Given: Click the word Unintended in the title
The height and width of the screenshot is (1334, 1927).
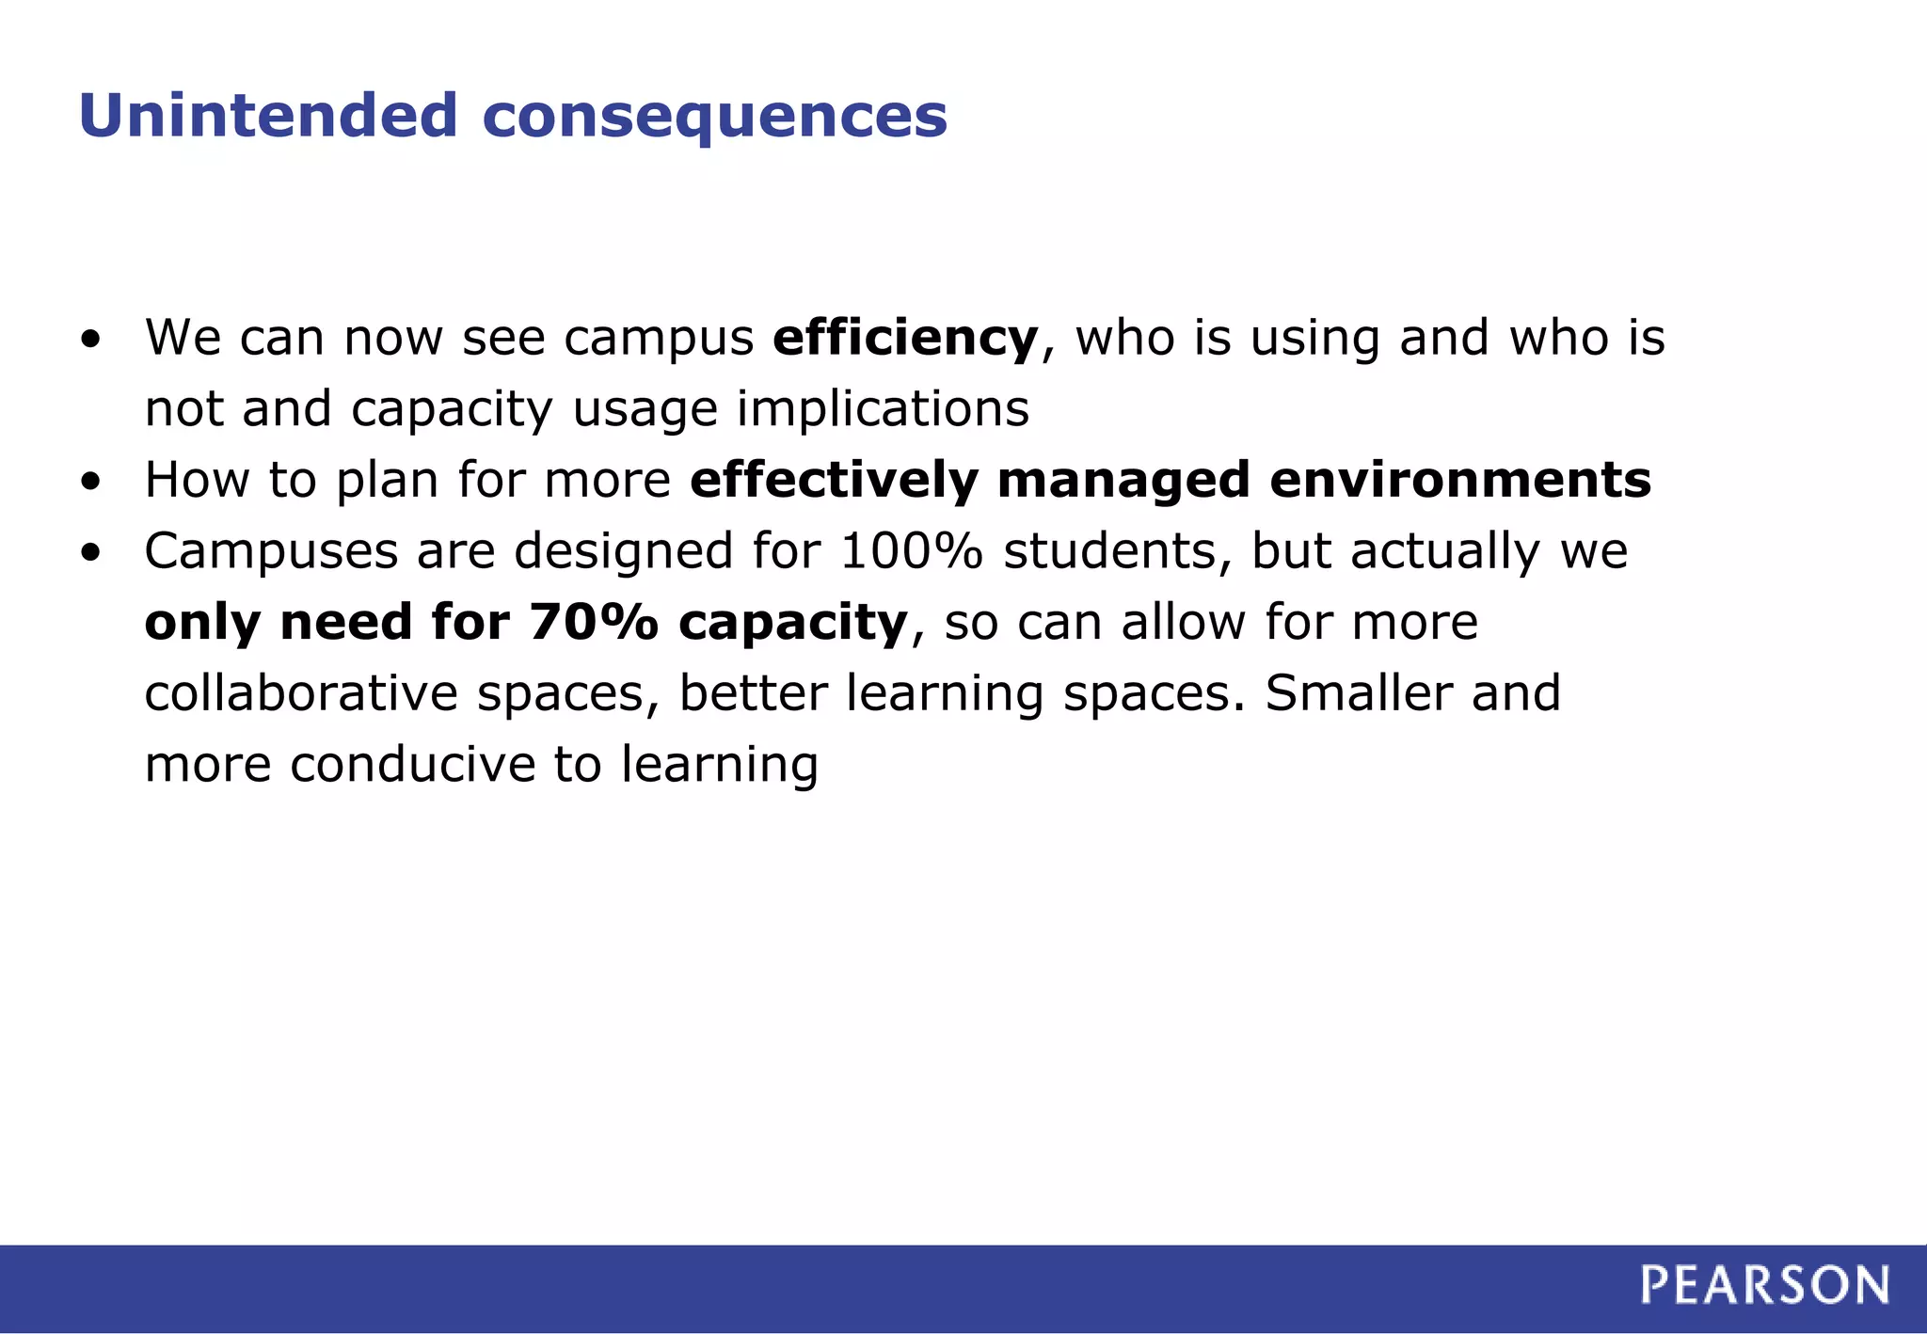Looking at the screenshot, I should pyautogui.click(x=268, y=116).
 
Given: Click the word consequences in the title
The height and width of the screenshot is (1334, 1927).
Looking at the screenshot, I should pyautogui.click(x=715, y=116).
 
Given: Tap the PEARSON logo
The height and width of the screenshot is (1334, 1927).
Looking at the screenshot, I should pyautogui.click(x=1764, y=1285).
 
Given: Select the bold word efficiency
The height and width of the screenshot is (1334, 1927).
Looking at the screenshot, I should pyautogui.click(x=905, y=338).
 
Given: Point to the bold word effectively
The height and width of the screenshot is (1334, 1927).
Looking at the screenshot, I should pyautogui.click(x=834, y=480).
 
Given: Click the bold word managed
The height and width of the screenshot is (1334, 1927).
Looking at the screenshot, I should pyautogui.click(x=1123, y=480).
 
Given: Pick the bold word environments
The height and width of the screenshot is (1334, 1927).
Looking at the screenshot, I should pyautogui.click(x=1460, y=480).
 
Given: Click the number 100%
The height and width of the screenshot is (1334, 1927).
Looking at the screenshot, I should pyautogui.click(x=911, y=551).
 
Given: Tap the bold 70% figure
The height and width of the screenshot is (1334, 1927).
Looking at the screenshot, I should pyautogui.click(x=593, y=622).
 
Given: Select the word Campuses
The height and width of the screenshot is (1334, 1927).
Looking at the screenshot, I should pyautogui.click(x=271, y=551).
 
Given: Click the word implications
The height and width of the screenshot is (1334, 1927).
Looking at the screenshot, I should pyautogui.click(x=883, y=409).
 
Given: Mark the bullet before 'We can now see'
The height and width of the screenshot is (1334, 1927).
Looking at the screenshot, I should pyautogui.click(x=90, y=340).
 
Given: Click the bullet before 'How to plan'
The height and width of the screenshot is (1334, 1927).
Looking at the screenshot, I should pyautogui.click(x=90, y=483).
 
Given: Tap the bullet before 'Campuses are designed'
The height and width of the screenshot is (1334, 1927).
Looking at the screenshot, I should pyautogui.click(x=90, y=554).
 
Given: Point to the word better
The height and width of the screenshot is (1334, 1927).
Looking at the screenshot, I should pyautogui.click(x=753, y=693).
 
